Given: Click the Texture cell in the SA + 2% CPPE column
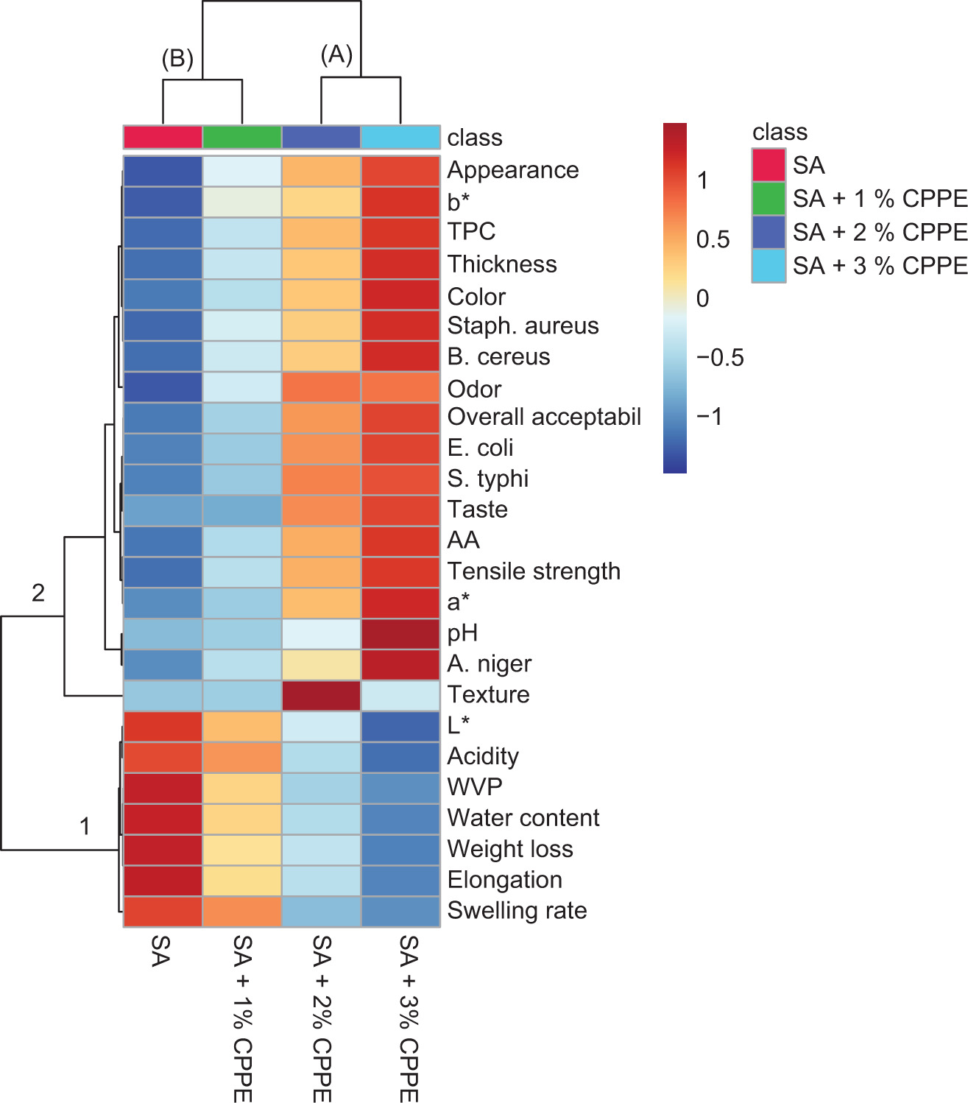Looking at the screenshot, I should [321, 695].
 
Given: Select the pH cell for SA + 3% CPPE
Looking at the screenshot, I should [400, 633].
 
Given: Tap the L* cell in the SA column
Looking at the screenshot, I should [163, 726].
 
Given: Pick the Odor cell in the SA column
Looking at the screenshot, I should [163, 387].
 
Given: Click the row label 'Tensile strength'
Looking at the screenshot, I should [534, 571].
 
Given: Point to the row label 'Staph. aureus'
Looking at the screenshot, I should [523, 325].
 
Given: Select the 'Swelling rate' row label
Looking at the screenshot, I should [517, 911].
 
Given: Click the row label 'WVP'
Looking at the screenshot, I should [475, 787].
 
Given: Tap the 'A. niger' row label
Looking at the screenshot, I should [489, 664].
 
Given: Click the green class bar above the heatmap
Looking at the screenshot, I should [242, 138].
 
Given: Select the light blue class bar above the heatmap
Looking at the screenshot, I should [400, 138].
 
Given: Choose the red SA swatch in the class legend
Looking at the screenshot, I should [769, 165].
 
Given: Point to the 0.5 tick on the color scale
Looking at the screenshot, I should [713, 239].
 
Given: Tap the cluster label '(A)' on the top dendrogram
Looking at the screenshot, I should [336, 54].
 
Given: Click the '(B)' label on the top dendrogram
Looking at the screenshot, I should [177, 59].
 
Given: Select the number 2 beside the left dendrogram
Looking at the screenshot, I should [38, 592].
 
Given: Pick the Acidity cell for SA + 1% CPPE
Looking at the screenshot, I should [242, 757].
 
